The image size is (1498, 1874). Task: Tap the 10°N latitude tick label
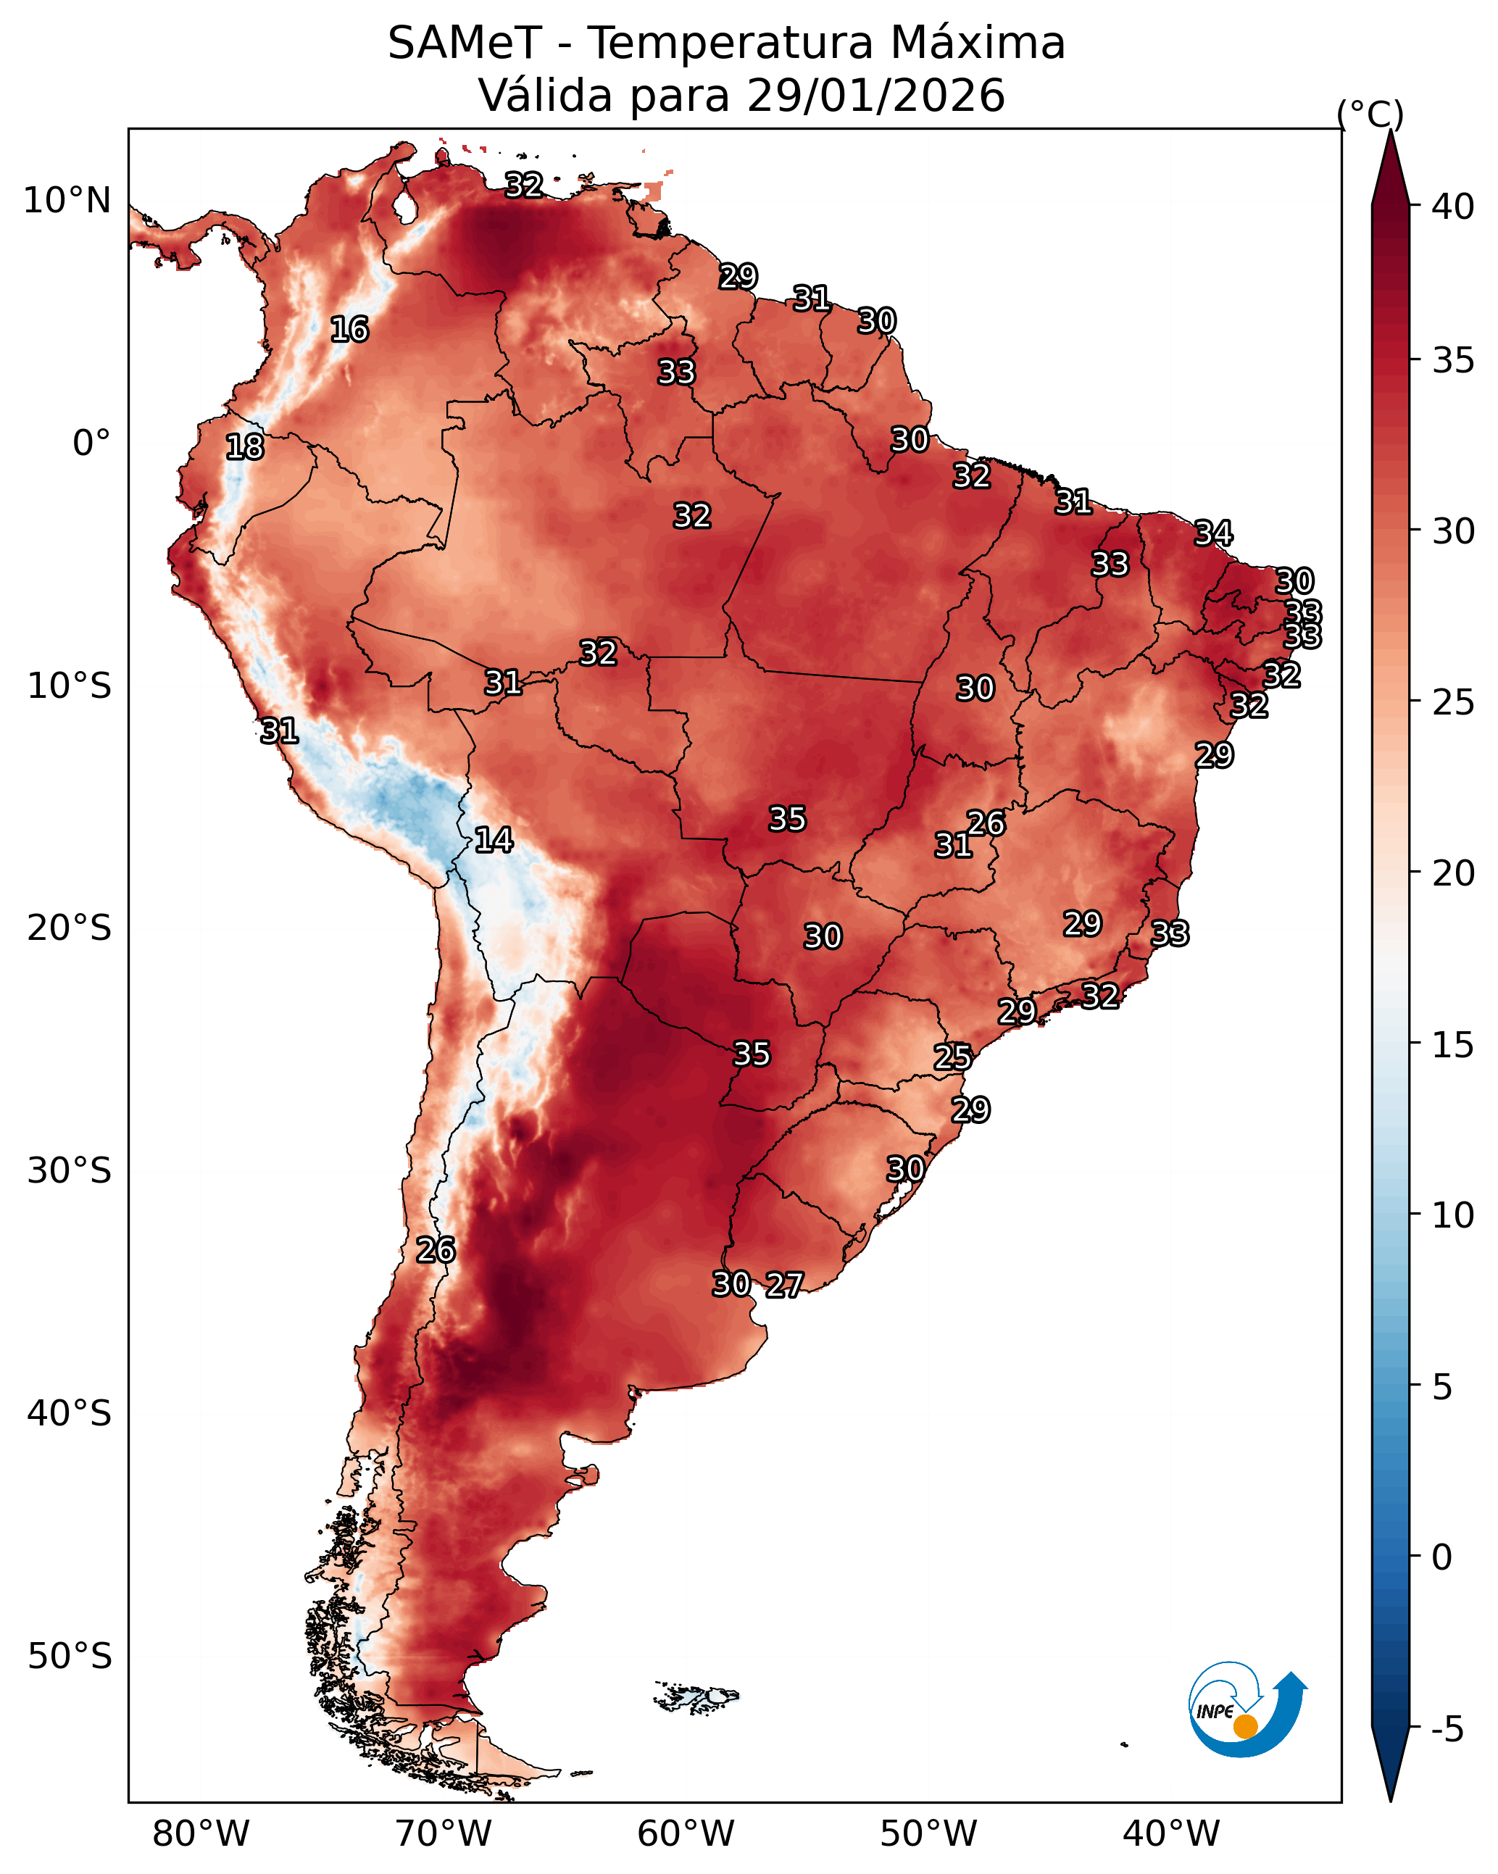[x=67, y=201]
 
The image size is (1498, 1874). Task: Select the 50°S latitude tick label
[x=70, y=1657]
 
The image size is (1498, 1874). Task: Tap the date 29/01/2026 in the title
[x=875, y=96]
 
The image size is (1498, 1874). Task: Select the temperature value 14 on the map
[x=494, y=840]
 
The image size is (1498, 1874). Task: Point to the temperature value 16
[x=349, y=330]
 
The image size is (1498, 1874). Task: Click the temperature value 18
[x=245, y=448]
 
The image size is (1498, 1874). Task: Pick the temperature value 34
[x=1213, y=533]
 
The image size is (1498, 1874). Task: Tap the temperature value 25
[x=953, y=1057]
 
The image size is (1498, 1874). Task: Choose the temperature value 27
[x=784, y=1286]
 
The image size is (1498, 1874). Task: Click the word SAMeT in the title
[x=465, y=43]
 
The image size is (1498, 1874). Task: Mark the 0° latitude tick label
[x=91, y=443]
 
